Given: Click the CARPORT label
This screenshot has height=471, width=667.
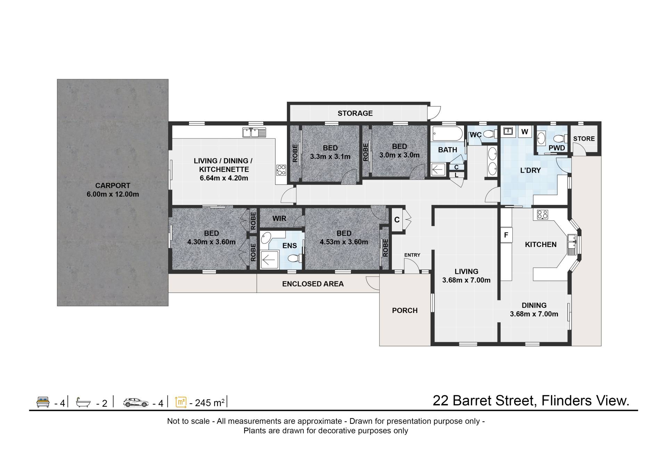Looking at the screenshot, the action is pyautogui.click(x=113, y=185).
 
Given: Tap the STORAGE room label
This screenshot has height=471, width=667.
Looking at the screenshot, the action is pyautogui.click(x=355, y=113).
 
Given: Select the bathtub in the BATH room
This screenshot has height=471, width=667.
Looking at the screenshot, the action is pyautogui.click(x=447, y=133).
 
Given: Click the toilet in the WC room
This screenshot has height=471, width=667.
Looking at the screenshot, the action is pyautogui.click(x=489, y=134).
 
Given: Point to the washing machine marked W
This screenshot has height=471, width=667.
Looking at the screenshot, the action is pyautogui.click(x=525, y=132).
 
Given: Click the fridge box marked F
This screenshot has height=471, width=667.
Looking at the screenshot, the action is pyautogui.click(x=506, y=235).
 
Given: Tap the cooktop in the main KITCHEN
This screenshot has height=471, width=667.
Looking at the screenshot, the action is pyautogui.click(x=542, y=215).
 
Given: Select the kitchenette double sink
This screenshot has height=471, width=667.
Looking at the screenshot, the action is pyautogui.click(x=254, y=132).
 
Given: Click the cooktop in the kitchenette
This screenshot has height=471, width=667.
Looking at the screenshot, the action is pyautogui.click(x=281, y=170).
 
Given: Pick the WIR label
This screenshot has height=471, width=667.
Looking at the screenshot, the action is pyautogui.click(x=279, y=218).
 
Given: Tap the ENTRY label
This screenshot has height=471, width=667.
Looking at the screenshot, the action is pyautogui.click(x=412, y=255).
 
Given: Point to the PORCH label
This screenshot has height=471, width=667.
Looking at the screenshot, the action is pyautogui.click(x=405, y=311).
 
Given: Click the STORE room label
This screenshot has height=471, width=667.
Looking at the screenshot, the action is pyautogui.click(x=584, y=139).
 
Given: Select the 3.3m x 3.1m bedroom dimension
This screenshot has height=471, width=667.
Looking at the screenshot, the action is pyautogui.click(x=330, y=157).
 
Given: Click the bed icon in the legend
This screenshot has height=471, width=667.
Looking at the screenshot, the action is pyautogui.click(x=43, y=402).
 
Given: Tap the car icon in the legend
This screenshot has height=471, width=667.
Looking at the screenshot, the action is pyautogui.click(x=136, y=403).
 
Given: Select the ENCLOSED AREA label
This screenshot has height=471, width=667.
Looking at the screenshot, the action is pyautogui.click(x=313, y=284).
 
